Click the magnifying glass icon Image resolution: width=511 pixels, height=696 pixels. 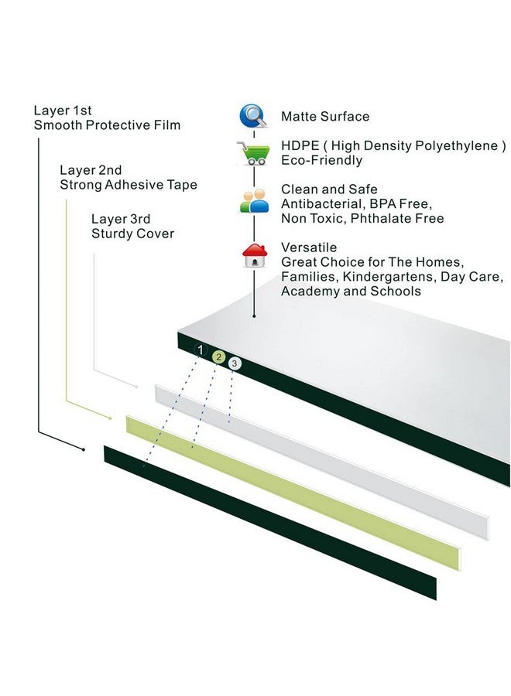coord(253,116)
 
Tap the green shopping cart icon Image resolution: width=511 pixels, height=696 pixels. coord(254,153)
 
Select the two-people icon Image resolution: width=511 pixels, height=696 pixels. coord(254,201)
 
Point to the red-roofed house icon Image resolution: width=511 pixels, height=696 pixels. coord(255,256)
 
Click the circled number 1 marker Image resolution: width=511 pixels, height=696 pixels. coord(201,350)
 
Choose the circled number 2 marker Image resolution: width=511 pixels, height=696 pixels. coord(218,357)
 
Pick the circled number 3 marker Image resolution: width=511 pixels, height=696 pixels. coord(235,363)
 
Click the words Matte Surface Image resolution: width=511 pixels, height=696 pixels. coord(325,116)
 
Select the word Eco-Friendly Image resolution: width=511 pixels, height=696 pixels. coord(322,160)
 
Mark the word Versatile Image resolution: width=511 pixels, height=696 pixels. coord(309,247)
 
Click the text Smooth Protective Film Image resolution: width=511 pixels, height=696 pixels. coord(107,125)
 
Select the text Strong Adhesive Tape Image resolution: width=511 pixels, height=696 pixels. coord(129,185)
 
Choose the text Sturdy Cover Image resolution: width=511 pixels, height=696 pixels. coord(133,234)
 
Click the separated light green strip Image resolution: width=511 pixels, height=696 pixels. coord(293,493)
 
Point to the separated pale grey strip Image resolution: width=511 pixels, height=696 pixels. coord(322,462)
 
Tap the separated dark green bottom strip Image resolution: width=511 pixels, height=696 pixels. coord(270,523)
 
